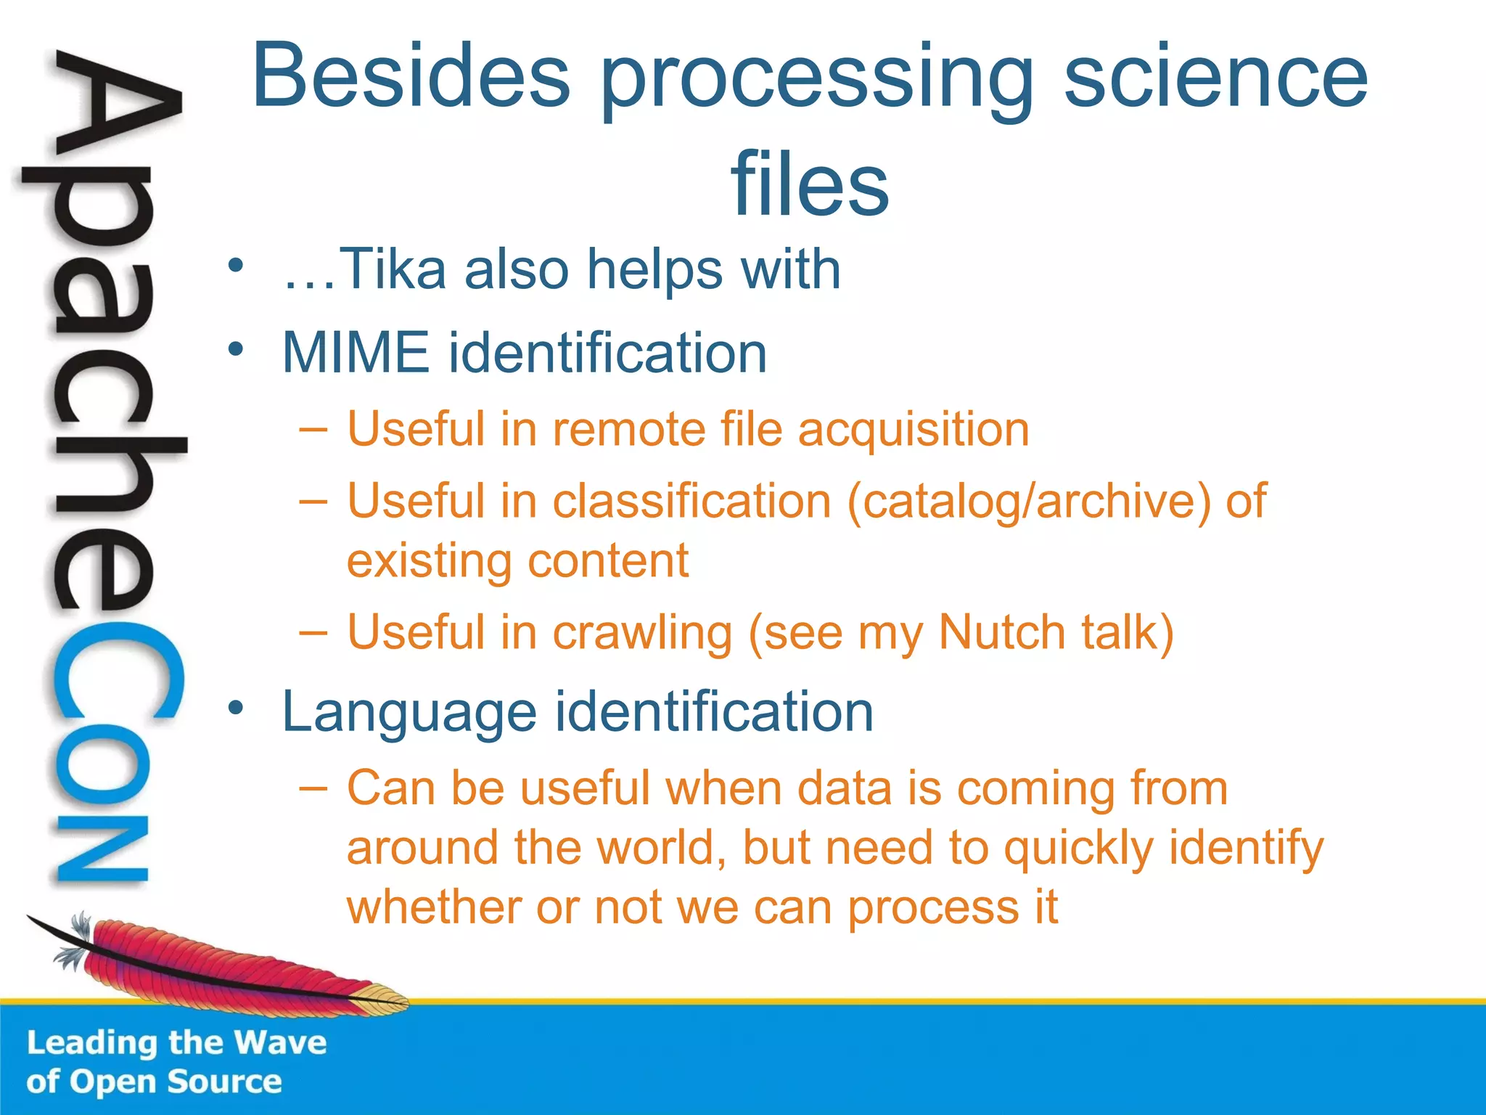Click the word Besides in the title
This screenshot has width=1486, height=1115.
411,76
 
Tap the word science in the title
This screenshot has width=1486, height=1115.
1215,76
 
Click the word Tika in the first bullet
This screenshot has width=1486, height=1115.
392,269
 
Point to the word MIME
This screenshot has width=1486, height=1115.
356,353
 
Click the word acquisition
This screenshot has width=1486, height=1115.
914,429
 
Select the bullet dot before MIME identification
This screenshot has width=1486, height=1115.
234,350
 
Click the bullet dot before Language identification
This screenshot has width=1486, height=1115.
234,708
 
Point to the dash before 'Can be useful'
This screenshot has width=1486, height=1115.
313,787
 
